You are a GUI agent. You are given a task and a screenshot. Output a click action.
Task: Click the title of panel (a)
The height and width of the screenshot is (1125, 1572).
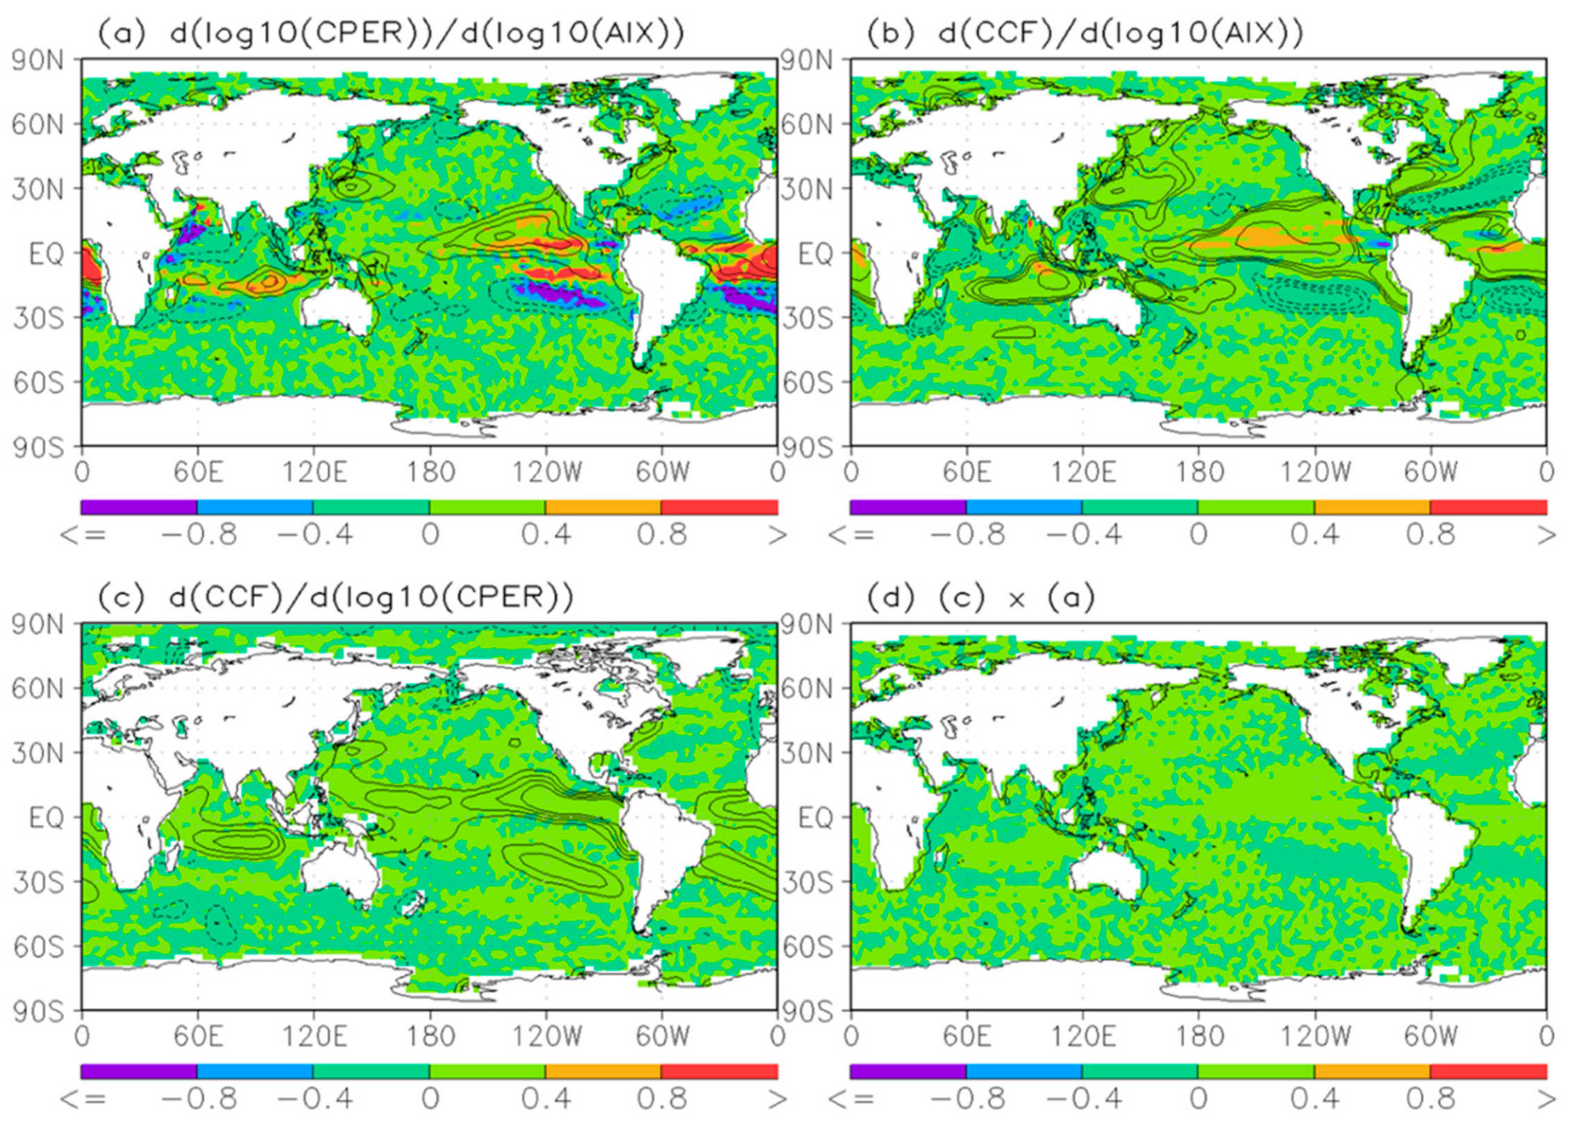(x=390, y=33)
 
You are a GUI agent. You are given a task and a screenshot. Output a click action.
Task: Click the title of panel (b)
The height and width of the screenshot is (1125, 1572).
(x=1085, y=33)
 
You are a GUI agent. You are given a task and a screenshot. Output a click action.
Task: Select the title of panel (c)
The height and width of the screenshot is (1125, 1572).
(x=335, y=597)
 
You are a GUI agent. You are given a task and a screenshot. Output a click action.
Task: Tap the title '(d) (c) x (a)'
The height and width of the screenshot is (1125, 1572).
(x=980, y=597)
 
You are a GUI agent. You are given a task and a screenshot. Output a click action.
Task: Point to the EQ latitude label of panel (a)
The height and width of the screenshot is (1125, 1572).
(x=45, y=254)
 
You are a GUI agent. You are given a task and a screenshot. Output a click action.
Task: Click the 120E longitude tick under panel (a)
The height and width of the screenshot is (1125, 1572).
(x=314, y=473)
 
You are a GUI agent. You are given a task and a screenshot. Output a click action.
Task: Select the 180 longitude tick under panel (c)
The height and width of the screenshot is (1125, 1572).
(x=430, y=1036)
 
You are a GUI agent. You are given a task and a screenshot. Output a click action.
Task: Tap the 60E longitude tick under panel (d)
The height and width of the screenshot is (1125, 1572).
(x=967, y=1036)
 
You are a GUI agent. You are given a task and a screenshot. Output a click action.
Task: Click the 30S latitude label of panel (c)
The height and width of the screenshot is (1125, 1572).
(x=38, y=883)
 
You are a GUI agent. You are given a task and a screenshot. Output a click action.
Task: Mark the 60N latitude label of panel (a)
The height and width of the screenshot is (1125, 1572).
(x=38, y=125)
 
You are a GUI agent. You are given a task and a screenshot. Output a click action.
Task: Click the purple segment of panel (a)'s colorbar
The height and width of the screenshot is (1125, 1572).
(x=139, y=507)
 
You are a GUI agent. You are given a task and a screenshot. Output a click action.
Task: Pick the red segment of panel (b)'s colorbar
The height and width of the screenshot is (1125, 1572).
(x=1488, y=507)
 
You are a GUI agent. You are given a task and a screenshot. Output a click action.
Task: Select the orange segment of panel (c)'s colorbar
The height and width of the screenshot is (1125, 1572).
(x=603, y=1071)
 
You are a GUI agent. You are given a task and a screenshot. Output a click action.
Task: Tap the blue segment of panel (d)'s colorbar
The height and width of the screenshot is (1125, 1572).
(x=1024, y=1071)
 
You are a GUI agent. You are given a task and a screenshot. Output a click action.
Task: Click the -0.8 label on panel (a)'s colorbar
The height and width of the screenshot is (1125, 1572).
(x=199, y=535)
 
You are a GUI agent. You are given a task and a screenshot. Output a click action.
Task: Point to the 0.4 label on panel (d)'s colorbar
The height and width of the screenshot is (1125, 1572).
(x=1314, y=1099)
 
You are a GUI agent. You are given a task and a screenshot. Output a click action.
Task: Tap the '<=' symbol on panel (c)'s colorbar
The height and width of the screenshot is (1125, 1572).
(x=83, y=1099)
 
